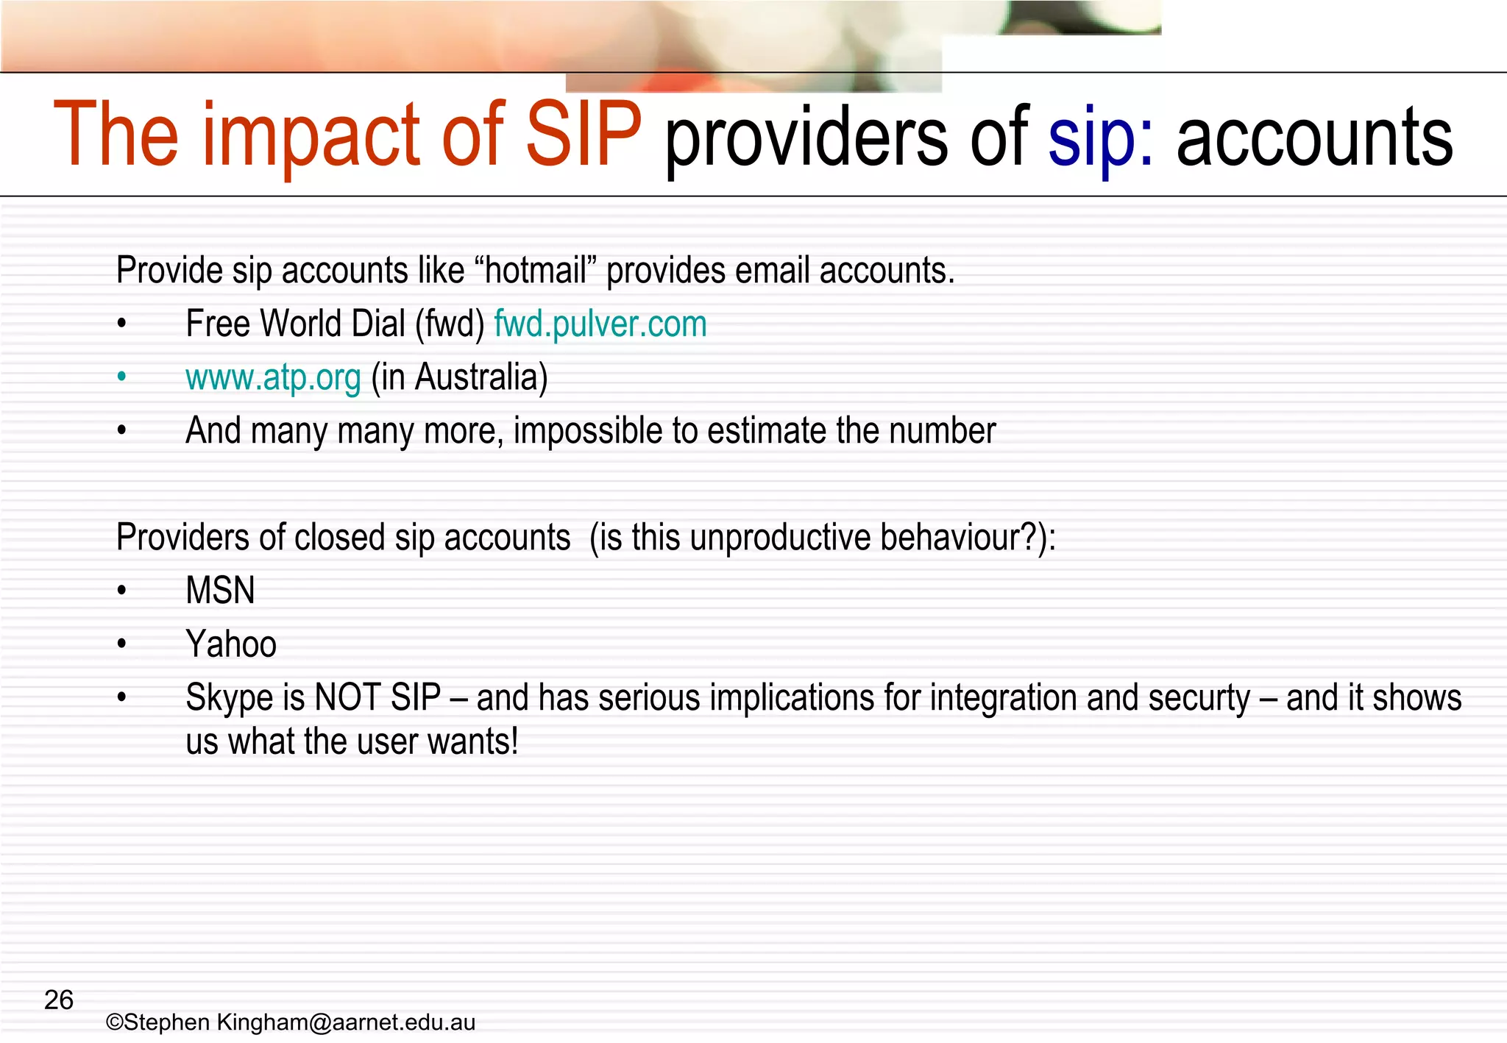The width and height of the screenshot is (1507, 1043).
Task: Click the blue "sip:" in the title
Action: [1101, 137]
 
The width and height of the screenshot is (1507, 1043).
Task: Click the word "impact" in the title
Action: [310, 137]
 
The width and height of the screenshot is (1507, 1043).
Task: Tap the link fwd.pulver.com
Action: [600, 324]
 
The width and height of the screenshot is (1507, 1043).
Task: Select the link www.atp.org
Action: [273, 377]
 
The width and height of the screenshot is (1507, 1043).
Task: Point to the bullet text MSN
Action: [220, 591]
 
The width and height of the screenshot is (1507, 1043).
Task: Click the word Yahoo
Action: [231, 644]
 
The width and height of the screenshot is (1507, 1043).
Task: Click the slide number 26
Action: [59, 1000]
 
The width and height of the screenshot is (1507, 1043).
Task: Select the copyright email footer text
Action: [291, 1022]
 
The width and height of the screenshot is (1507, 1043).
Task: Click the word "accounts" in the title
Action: [1314, 137]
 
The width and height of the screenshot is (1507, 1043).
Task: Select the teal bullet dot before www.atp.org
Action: [122, 377]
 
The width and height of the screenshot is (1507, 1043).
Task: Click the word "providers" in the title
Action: [806, 137]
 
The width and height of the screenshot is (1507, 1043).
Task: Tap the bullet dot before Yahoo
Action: [122, 644]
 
